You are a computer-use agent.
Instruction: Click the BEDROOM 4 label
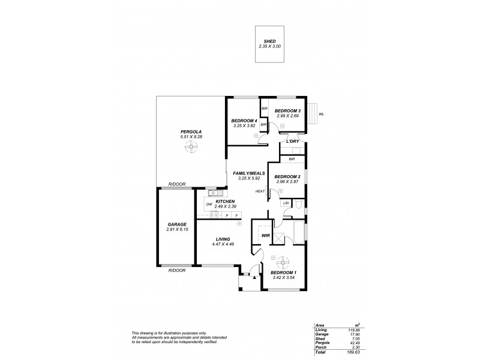coord(244,121)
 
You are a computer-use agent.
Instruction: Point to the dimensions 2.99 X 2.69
coord(287,116)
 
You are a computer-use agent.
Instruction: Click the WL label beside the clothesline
coord(322,113)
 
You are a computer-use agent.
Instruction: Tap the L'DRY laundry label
coord(293,141)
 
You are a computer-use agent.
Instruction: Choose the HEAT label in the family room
coord(260,191)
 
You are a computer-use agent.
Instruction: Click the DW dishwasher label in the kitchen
coord(209,205)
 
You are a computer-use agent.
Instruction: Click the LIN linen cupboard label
coord(286,204)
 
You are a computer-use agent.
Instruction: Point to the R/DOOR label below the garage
coord(177,271)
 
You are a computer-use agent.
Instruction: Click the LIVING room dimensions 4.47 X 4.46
coord(223,244)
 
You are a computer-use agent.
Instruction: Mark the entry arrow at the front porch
coord(254,278)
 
